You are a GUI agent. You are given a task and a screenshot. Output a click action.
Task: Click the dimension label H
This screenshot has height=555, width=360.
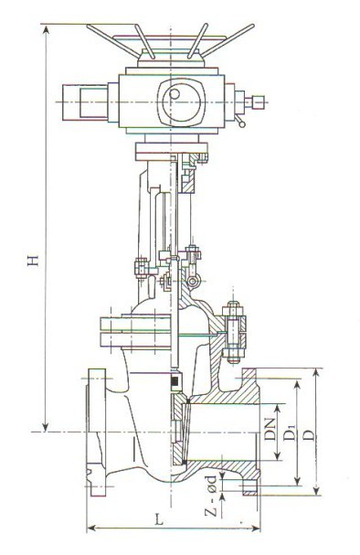pos(33,260)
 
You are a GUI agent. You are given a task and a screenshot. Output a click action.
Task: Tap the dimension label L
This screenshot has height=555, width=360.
pos(160,519)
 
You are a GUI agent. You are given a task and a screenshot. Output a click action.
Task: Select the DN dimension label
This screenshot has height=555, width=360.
pos(270,429)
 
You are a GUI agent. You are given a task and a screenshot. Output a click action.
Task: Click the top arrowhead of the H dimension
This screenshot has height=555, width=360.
pos(46,29)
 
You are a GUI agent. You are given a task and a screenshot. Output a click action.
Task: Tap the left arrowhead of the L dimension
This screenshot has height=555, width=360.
pos(91,528)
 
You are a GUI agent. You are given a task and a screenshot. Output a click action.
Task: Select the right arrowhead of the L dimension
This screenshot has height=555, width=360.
pos(256,528)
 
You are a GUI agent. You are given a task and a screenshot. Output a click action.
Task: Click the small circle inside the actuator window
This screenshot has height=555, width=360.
pos(175,94)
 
